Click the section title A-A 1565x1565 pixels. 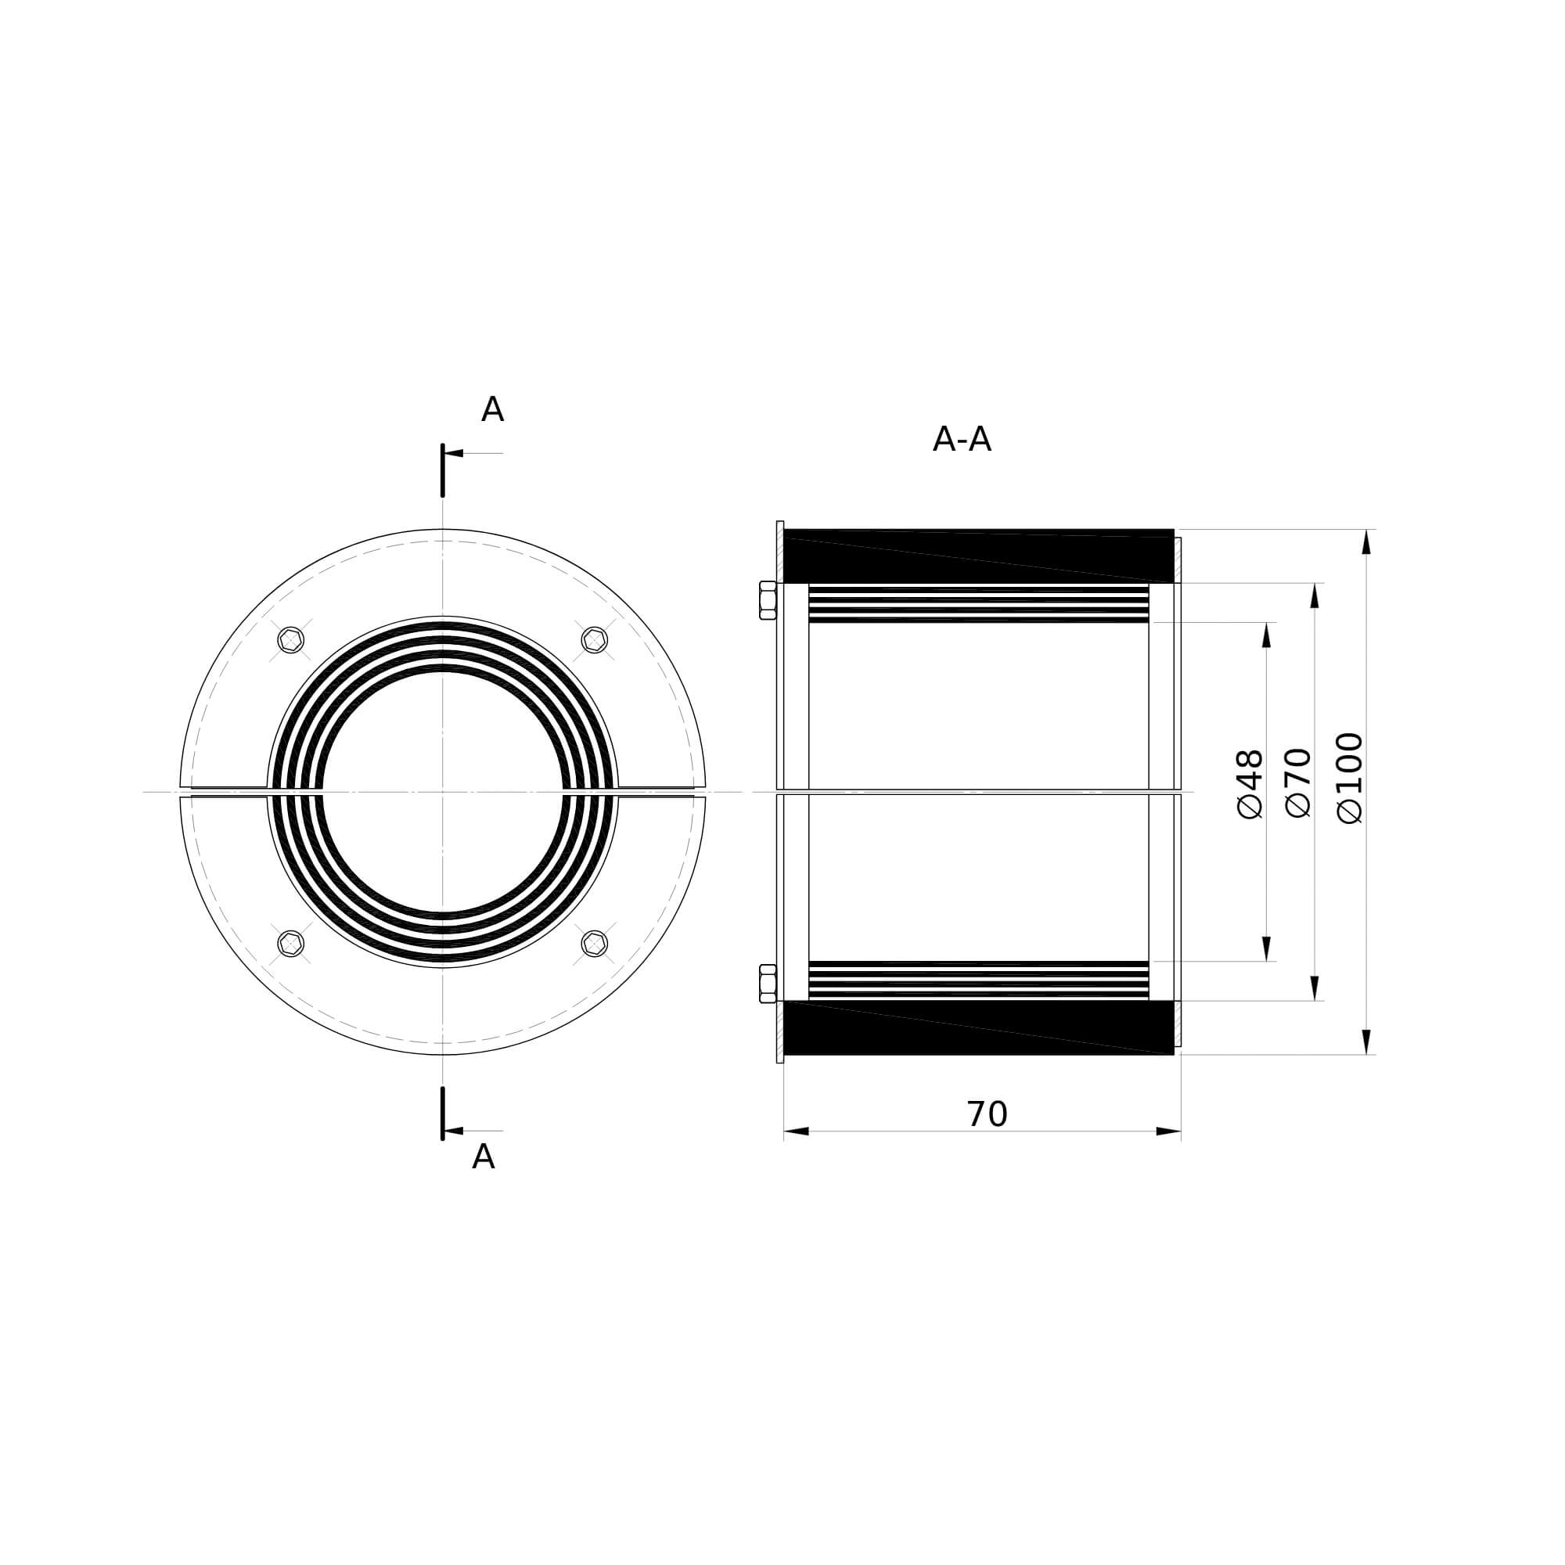pyautogui.click(x=962, y=440)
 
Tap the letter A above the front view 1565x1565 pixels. pyautogui.click(x=491, y=410)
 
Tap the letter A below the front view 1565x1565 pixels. pyautogui.click(x=483, y=1157)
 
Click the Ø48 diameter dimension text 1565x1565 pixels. pyautogui.click(x=1250, y=783)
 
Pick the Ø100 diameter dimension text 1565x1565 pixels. pyautogui.click(x=1350, y=779)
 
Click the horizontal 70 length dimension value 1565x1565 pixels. pyautogui.click(x=987, y=1115)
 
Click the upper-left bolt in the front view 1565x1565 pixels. pyautogui.click(x=291, y=640)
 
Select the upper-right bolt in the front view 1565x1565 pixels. pyautogui.click(x=595, y=640)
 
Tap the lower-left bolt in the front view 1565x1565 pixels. pyautogui.click(x=291, y=943)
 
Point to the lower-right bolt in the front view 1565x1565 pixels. pyautogui.click(x=595, y=943)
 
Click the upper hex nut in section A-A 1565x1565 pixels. pyautogui.click(x=767, y=600)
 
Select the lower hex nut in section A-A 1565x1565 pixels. pyautogui.click(x=767, y=984)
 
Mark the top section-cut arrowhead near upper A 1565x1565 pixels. pyautogui.click(x=454, y=454)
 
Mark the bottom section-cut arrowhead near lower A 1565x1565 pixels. pyautogui.click(x=454, y=1131)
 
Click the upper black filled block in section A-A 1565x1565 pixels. pyautogui.click(x=979, y=556)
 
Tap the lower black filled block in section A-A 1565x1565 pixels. pyautogui.click(x=979, y=1027)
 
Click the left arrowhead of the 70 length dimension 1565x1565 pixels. pyautogui.click(x=797, y=1131)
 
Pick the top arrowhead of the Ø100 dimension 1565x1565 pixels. pyautogui.click(x=1365, y=542)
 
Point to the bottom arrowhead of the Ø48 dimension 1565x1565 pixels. pyautogui.click(x=1266, y=948)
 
